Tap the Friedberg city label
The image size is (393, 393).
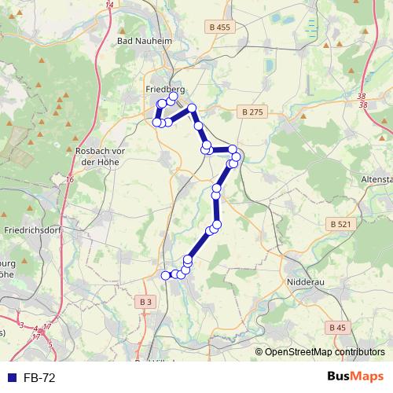[x=165, y=90]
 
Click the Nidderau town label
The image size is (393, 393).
[x=302, y=280]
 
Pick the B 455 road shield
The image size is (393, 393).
[x=221, y=28]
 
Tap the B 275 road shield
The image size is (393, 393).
[x=252, y=112]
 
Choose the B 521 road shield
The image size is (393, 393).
[x=340, y=224]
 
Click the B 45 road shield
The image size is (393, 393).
[x=338, y=327]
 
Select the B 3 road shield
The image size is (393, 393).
[x=146, y=302]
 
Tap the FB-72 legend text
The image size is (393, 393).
[x=39, y=377]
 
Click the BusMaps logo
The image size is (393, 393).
[x=355, y=376]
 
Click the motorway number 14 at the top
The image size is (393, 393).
[x=109, y=5]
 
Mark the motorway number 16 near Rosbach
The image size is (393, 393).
[x=70, y=180]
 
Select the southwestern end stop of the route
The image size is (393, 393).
[x=165, y=275]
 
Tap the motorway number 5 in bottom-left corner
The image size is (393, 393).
[x=50, y=344]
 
